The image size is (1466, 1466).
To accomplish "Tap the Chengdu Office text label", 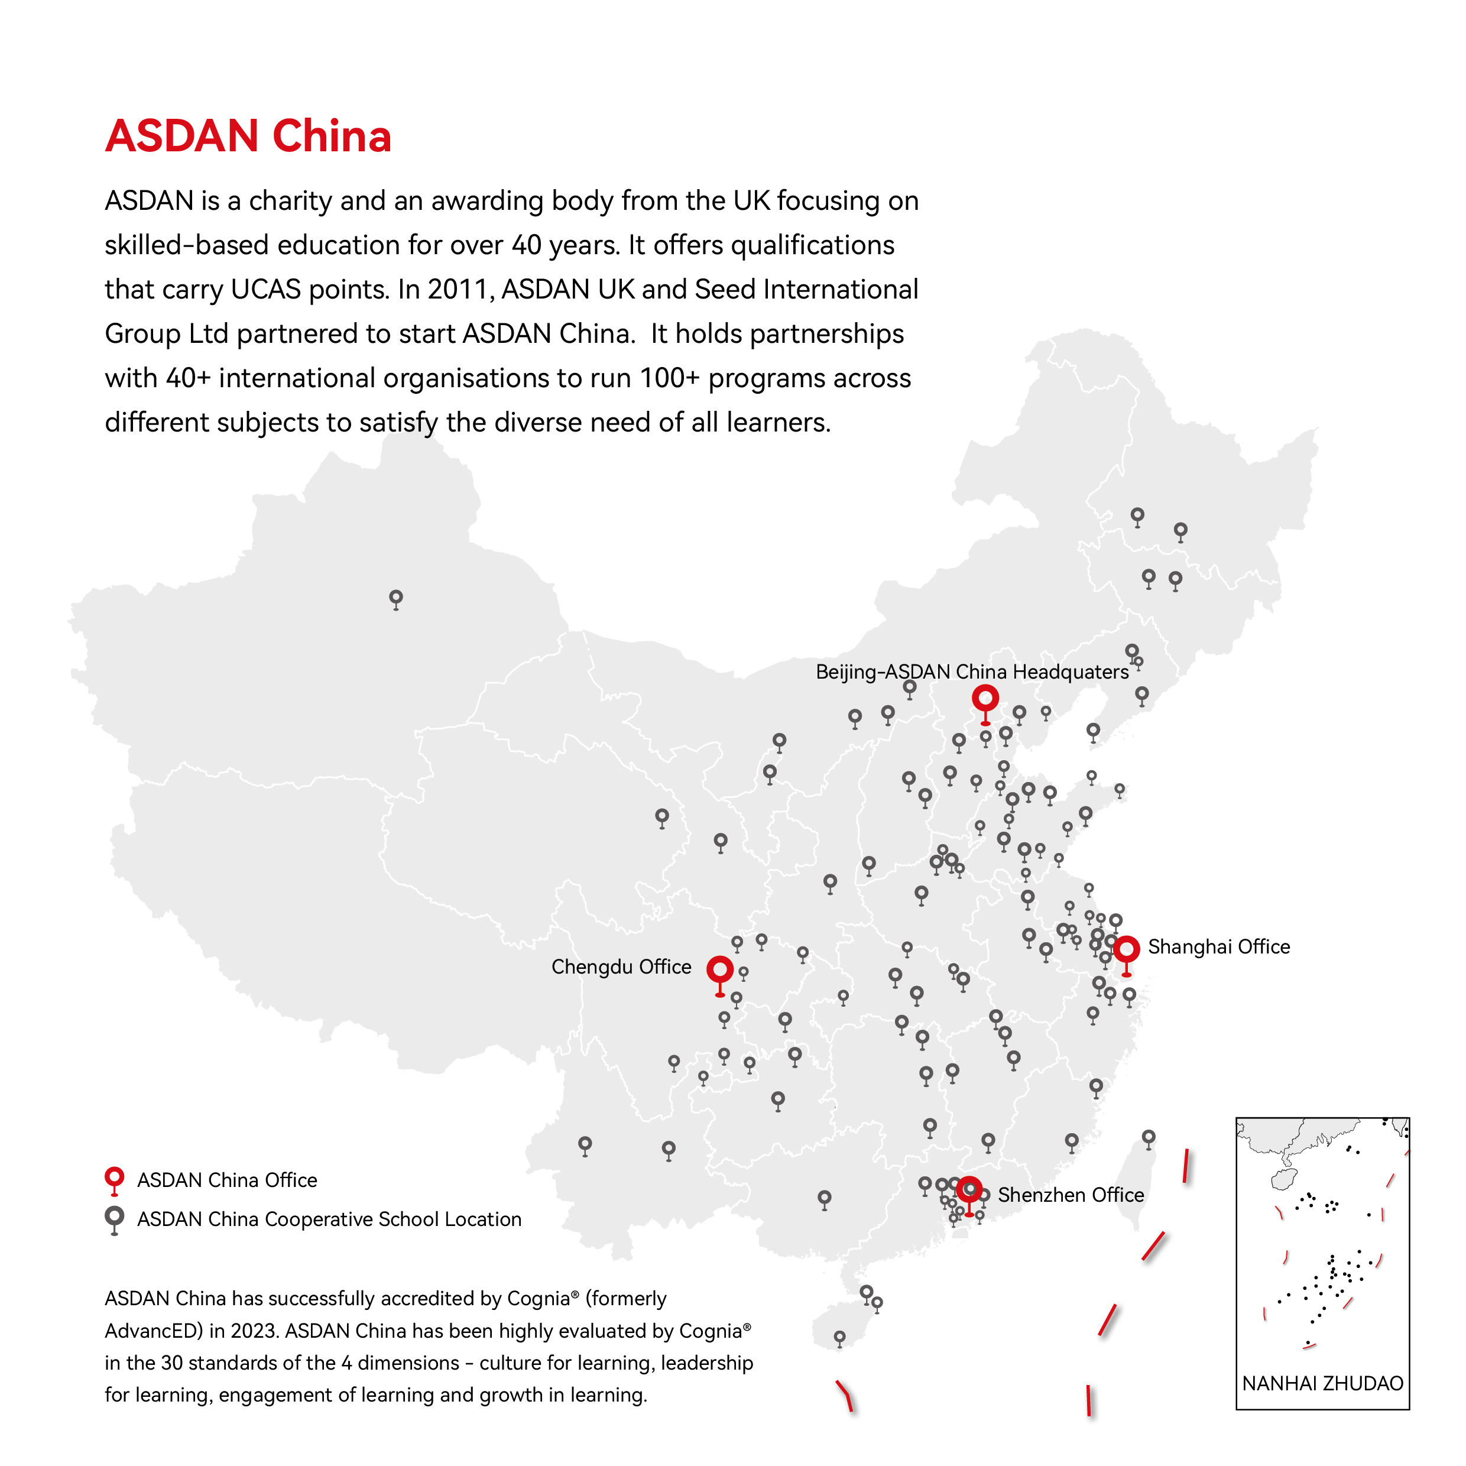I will coord(621,966).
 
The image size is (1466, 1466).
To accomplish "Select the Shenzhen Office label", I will coord(1070,1195).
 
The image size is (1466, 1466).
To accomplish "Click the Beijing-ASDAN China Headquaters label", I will coord(971,672).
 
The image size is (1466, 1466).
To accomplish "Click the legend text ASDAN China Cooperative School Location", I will coord(329,1219).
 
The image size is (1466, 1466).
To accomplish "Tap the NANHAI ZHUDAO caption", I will coord(1322,1383).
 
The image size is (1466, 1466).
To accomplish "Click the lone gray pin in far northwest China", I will coord(395,598).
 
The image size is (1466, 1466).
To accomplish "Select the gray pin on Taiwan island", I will coord(1148,1137).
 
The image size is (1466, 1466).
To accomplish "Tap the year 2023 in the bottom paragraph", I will coord(252,1331).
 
